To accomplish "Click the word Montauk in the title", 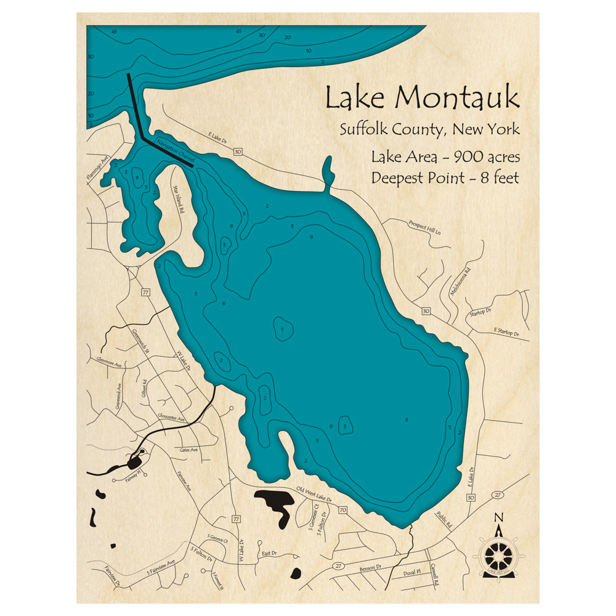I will tap(456, 99).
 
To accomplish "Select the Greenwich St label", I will tap(141, 341).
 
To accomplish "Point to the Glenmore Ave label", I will tap(110, 361).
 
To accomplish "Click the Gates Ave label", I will tap(189, 450).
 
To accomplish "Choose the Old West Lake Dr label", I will tap(314, 495).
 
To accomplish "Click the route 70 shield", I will tap(342, 510).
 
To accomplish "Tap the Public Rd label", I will tap(444, 521).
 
